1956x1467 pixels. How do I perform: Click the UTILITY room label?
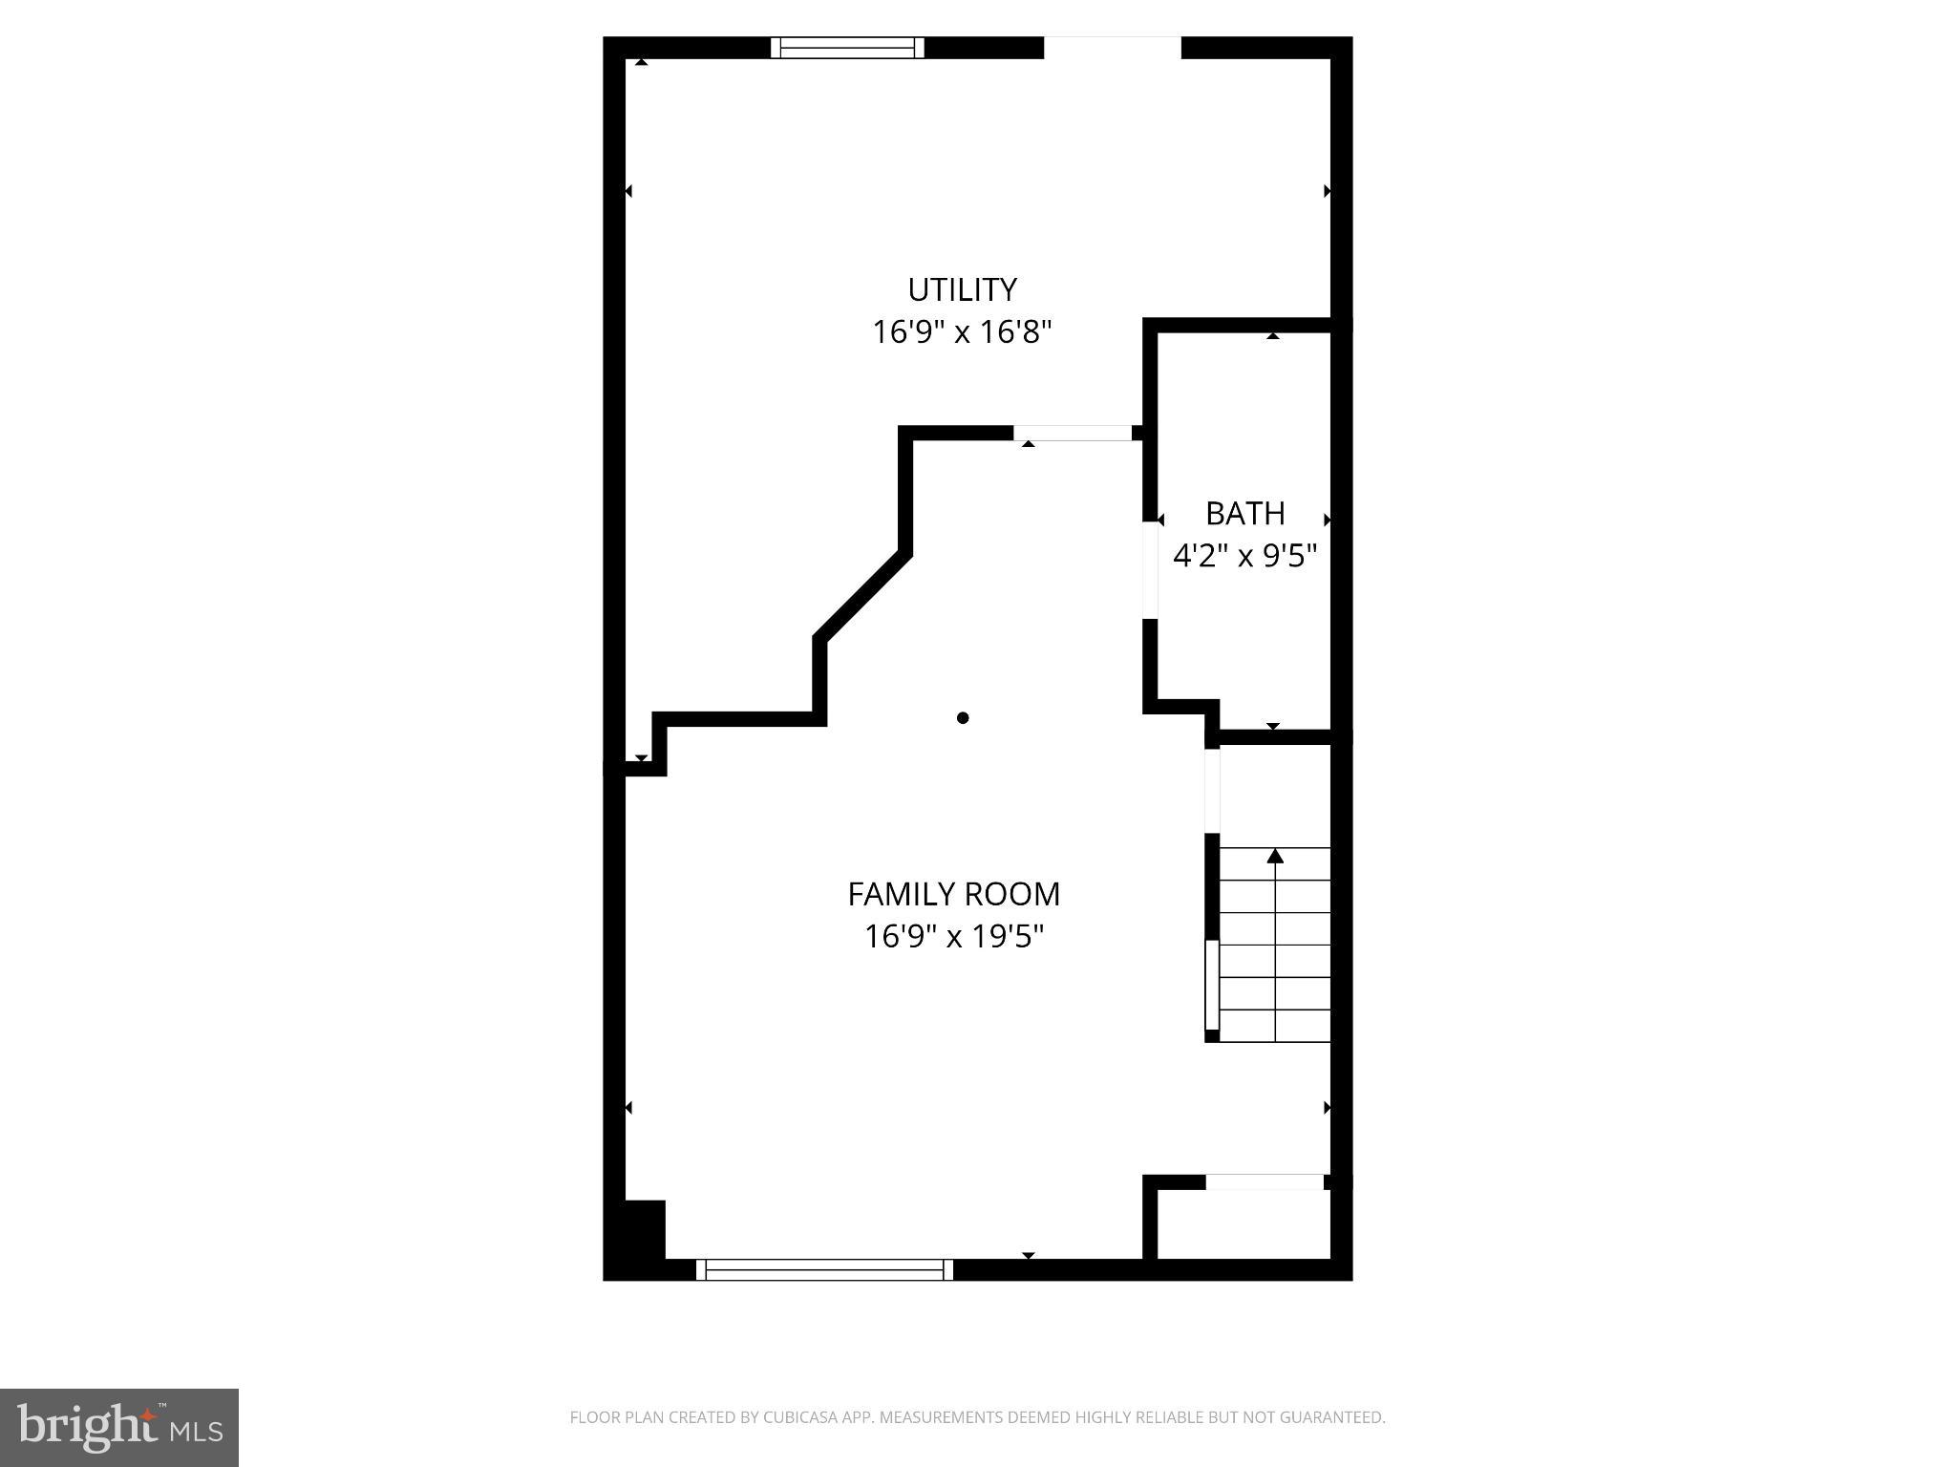(x=962, y=289)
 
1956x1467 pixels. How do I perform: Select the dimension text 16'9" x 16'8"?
(x=962, y=332)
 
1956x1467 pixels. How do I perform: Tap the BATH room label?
(x=1244, y=514)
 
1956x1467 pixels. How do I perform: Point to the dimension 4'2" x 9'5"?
(x=1244, y=556)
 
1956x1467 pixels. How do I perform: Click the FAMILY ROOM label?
(x=953, y=894)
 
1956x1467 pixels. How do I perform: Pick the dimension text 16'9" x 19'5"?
(x=953, y=937)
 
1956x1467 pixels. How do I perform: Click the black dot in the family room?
(x=963, y=718)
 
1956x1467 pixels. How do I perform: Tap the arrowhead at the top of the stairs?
(x=1275, y=856)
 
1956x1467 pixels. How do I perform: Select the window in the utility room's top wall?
(x=847, y=48)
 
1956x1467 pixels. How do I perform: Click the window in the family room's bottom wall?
(x=824, y=1269)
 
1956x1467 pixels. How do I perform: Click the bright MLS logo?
(x=119, y=1428)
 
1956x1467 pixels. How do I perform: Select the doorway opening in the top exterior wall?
(x=1112, y=48)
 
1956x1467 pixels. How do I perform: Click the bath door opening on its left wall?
(x=1150, y=570)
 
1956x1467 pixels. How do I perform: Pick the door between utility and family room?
(x=1073, y=434)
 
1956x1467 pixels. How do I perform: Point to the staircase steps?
(x=1275, y=946)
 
